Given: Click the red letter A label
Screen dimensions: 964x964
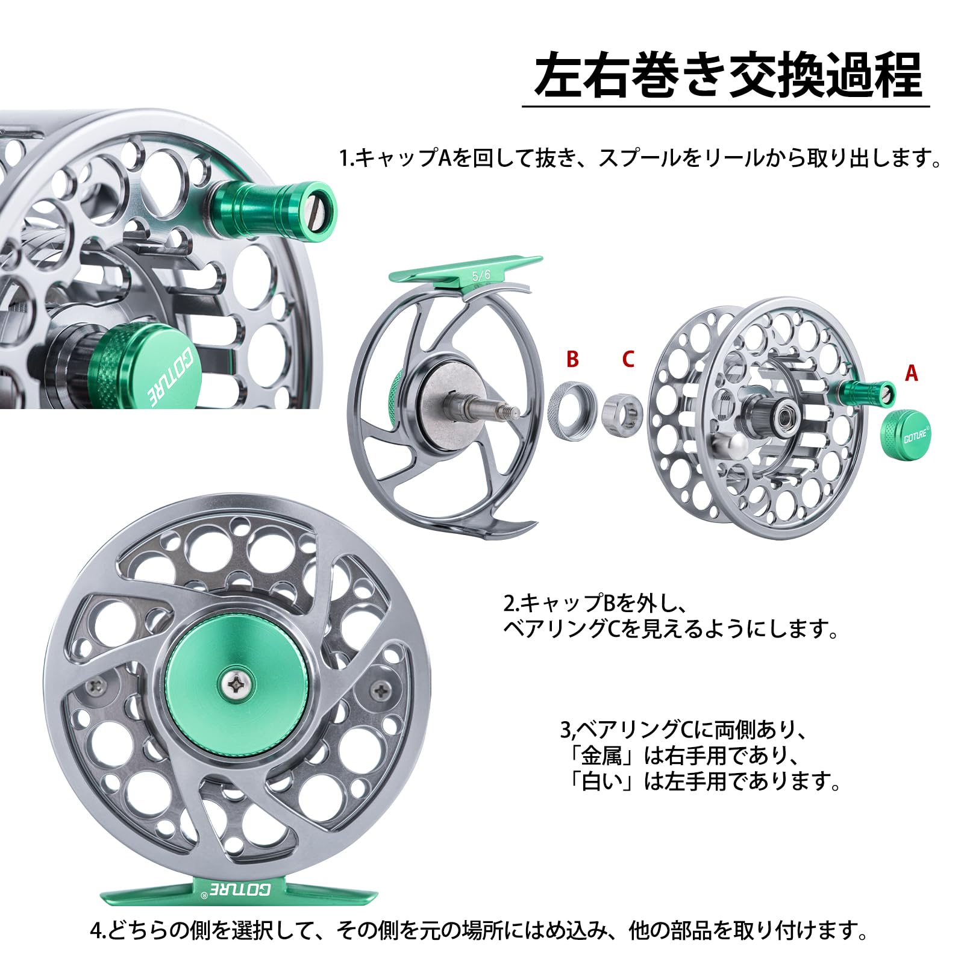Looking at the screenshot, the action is (912, 374).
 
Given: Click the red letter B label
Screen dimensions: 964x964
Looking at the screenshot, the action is (572, 359).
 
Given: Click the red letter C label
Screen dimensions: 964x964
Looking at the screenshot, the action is (628, 359).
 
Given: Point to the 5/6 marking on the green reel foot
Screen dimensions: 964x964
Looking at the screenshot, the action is (481, 275).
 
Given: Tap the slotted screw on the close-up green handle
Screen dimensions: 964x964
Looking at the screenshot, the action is (315, 207).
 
